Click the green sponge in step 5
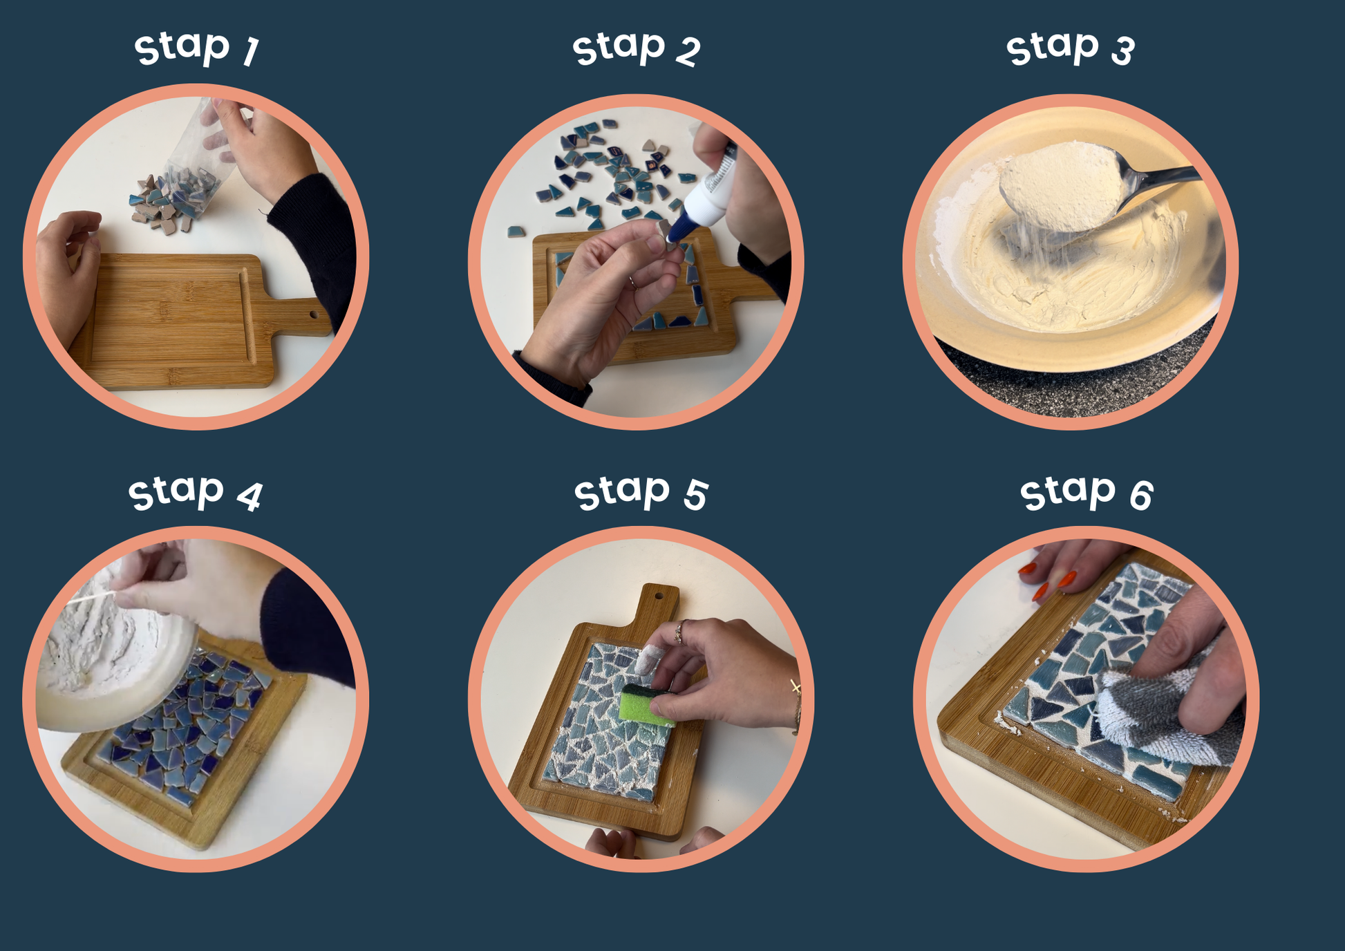pyautogui.click(x=646, y=705)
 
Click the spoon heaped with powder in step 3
pyautogui.click(x=1092, y=187)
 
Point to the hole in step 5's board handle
pyautogui.click(x=658, y=595)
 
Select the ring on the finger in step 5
pyautogui.click(x=680, y=631)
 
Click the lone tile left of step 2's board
pyautogui.click(x=516, y=232)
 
